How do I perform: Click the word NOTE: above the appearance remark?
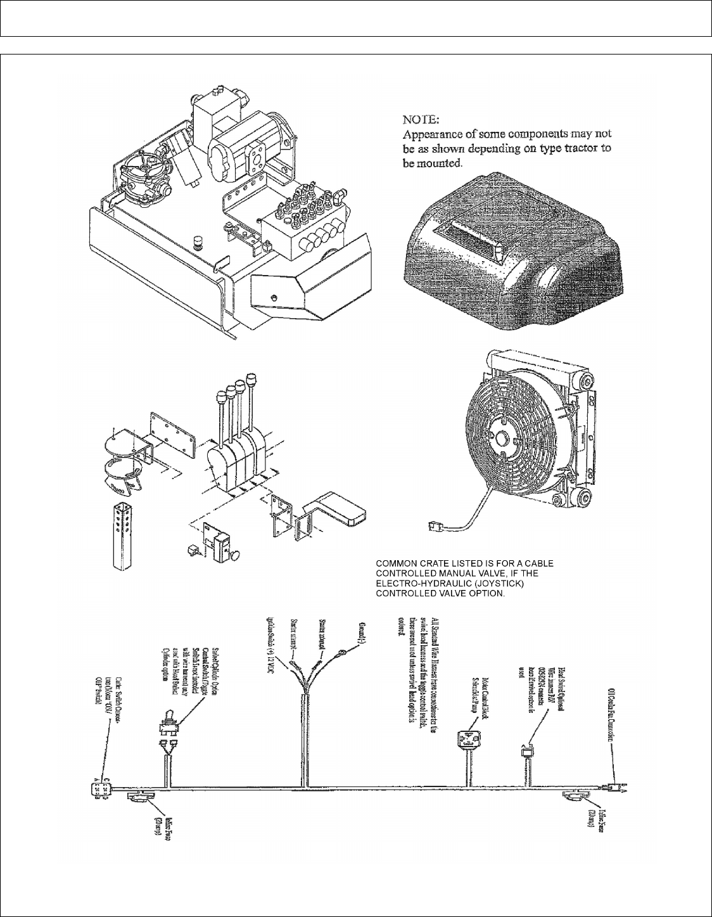click(x=424, y=119)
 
